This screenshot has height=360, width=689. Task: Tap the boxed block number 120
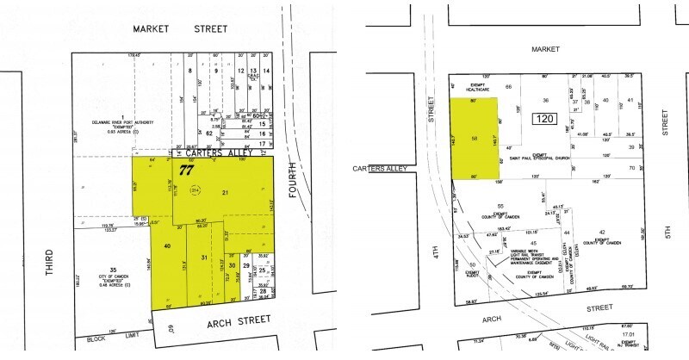pyautogui.click(x=545, y=118)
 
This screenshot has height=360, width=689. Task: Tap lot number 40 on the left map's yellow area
pyautogui.click(x=166, y=247)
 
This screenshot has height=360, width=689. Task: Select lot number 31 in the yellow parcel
pyautogui.click(x=204, y=258)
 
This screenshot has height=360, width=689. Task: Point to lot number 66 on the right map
pyautogui.click(x=509, y=88)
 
